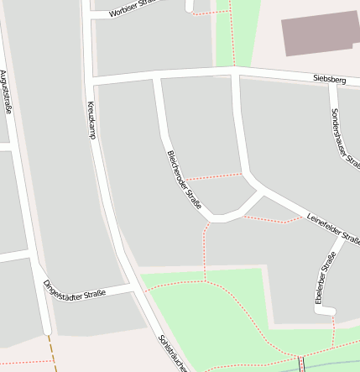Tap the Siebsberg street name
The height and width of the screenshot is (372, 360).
(x=329, y=80)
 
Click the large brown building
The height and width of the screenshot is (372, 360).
(x=320, y=34)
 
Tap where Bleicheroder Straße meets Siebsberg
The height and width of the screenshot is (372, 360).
(x=156, y=76)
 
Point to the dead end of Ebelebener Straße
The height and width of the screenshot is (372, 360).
(x=326, y=312)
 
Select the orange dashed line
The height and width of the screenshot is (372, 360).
(x=53, y=353)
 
